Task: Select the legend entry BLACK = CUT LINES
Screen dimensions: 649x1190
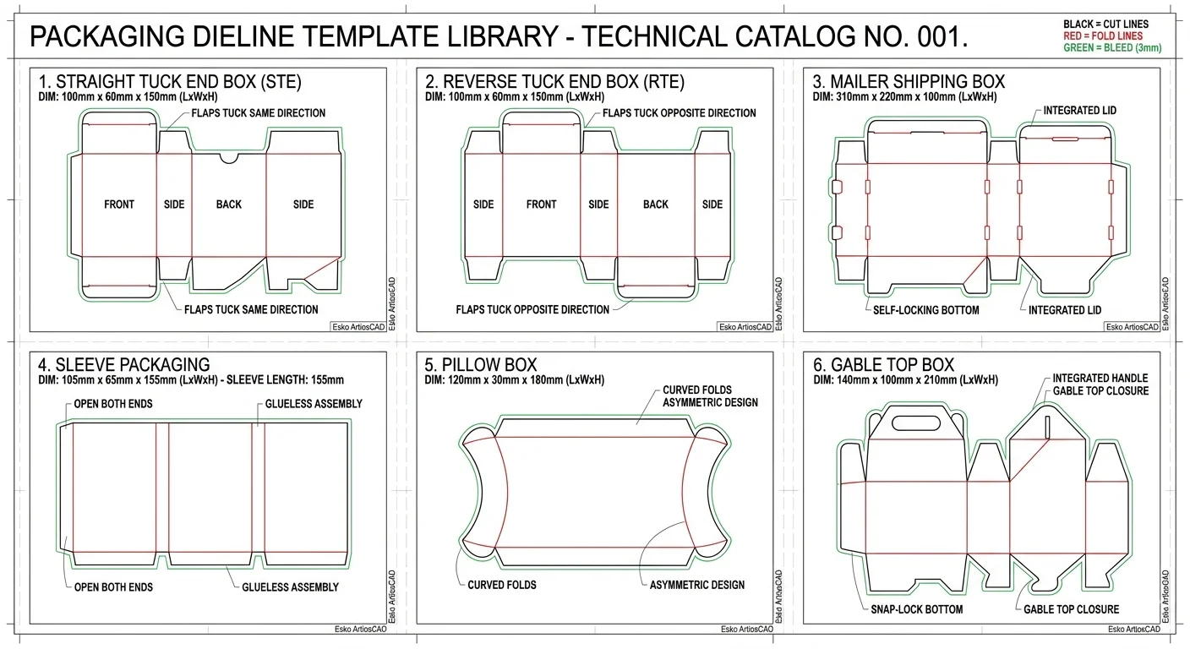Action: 1105,25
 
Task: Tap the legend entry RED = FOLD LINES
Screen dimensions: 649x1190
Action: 1103,36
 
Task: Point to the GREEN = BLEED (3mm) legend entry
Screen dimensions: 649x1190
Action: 1112,48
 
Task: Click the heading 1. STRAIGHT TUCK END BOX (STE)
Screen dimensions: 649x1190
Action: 170,82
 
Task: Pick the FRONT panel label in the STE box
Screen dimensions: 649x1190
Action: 119,205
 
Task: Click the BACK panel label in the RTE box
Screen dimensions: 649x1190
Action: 655,205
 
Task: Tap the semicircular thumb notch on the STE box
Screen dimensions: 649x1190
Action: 228,157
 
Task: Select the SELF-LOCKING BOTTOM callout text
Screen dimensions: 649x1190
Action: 926,310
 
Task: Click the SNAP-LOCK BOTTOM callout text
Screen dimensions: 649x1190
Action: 916,609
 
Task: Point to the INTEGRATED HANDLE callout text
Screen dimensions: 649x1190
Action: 1100,379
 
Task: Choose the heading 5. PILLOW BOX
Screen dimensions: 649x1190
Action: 481,365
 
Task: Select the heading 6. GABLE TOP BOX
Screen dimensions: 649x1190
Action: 883,365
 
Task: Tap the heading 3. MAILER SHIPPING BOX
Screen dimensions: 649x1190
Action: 909,82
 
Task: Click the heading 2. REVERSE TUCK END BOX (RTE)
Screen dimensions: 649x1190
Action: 554,82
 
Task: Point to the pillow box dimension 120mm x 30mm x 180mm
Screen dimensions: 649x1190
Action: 514,380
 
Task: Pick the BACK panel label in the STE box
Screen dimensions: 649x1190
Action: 228,205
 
